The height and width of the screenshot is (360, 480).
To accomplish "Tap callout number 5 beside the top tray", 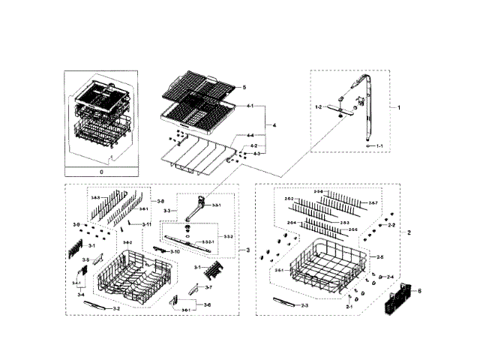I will click(244, 88).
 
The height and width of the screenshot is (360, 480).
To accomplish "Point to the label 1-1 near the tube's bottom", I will click(379, 145).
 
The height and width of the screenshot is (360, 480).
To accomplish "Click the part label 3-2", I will click(116, 308).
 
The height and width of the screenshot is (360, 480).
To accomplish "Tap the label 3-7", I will click(208, 287).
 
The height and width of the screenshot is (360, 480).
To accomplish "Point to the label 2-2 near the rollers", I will click(391, 225).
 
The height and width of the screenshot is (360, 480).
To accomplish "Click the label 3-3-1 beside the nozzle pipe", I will click(217, 205).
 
